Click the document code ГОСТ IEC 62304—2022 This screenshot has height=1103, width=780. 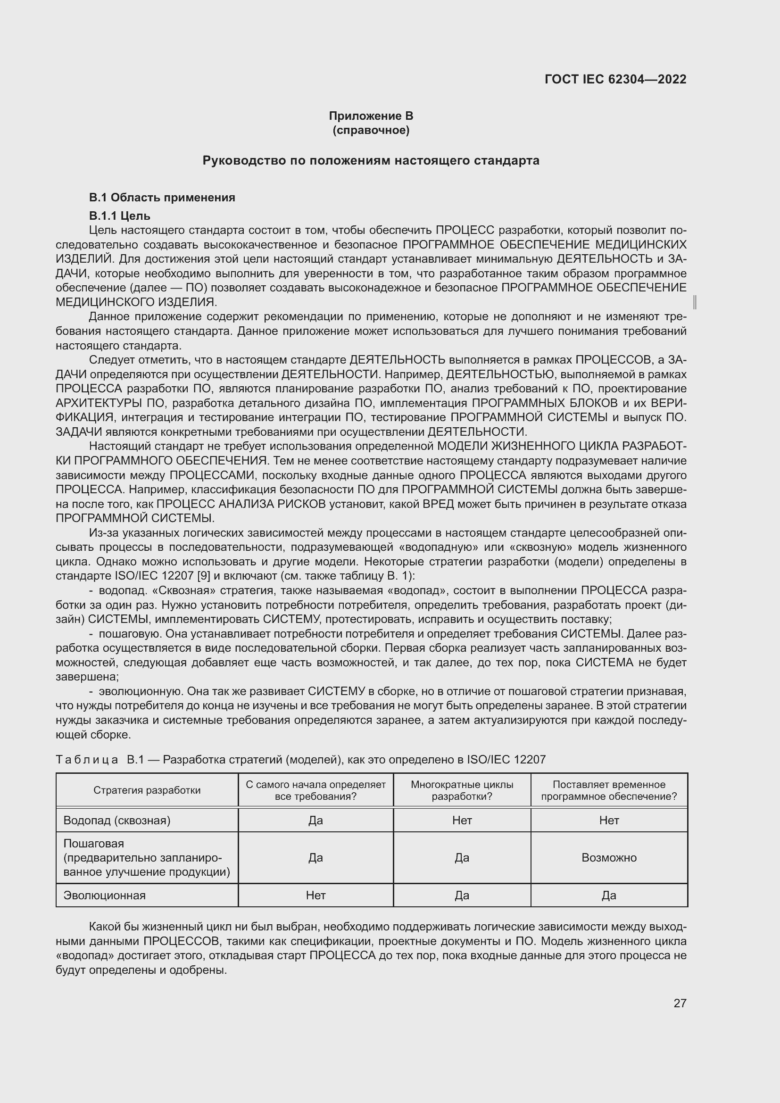pyautogui.click(x=615, y=79)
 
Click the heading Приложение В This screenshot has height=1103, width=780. pyautogui.click(x=371, y=116)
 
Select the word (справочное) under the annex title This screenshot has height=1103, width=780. pyautogui.click(x=371, y=130)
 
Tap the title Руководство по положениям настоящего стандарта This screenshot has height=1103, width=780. pyautogui.click(x=371, y=160)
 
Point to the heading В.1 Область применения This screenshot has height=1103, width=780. pyautogui.click(x=162, y=198)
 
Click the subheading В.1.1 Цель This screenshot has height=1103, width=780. pyautogui.click(x=120, y=216)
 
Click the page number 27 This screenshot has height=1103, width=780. pyautogui.click(x=680, y=1003)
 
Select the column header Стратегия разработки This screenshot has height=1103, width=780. pyautogui.click(x=147, y=790)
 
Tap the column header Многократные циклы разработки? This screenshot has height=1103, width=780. pyautogui.click(x=462, y=790)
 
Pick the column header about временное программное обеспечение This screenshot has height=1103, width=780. pyautogui.click(x=608, y=790)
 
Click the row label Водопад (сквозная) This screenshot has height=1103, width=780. pyautogui.click(x=116, y=820)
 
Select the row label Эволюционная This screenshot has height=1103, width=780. pyautogui.click(x=104, y=895)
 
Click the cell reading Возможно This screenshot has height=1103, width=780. pyautogui.click(x=608, y=857)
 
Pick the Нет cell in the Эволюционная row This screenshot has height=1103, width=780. pyautogui.click(x=315, y=895)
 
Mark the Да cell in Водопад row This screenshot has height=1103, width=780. pyautogui.click(x=315, y=820)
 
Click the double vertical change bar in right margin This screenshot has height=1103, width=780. pyautogui.click(x=695, y=302)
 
